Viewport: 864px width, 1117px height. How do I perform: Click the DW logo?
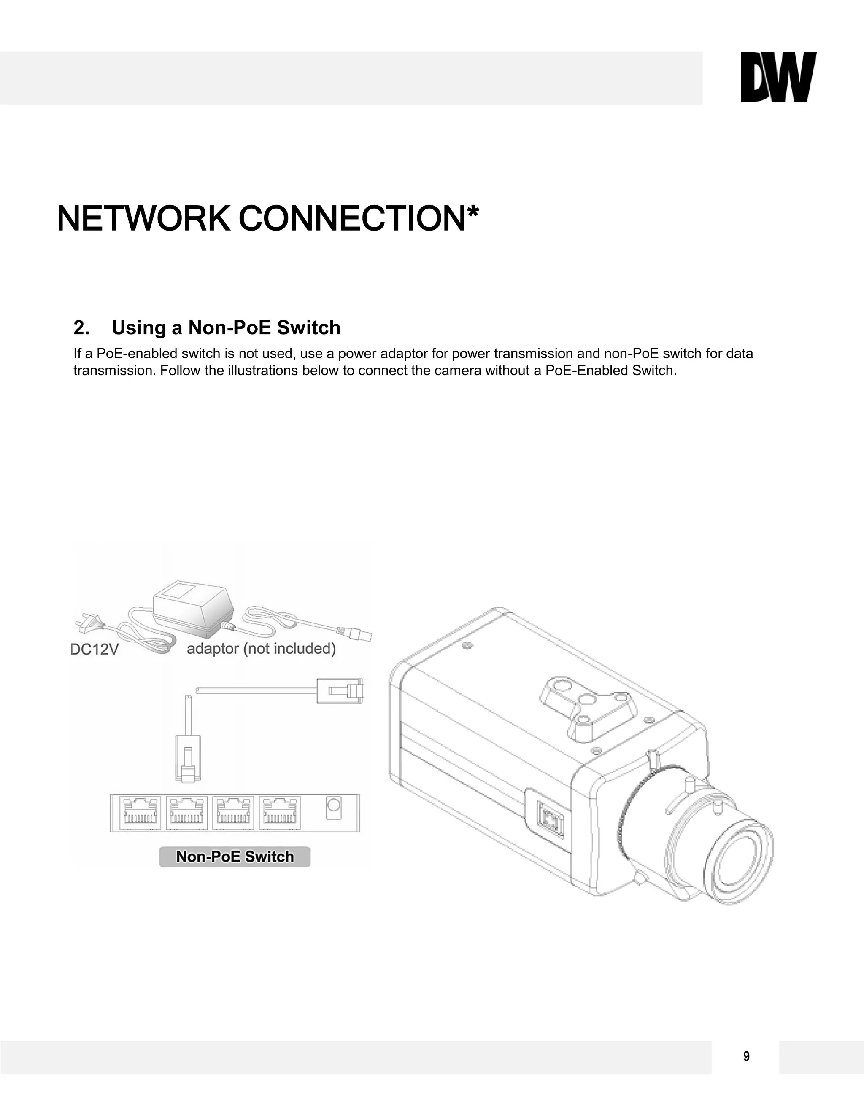[x=778, y=77]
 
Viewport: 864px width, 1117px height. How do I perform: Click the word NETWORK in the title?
[x=143, y=219]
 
